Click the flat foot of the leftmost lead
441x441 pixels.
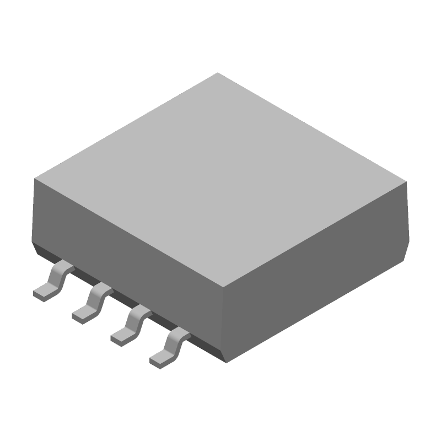[42, 293]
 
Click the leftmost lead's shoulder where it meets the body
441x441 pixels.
[65, 267]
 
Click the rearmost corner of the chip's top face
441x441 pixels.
[218, 73]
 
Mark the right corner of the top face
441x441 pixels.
[407, 182]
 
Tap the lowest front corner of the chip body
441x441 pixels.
[226, 363]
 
